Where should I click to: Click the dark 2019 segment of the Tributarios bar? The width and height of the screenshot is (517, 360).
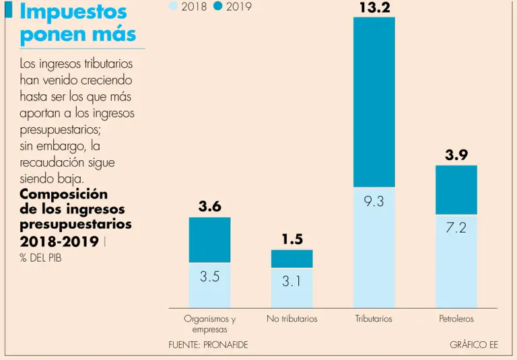tap(374, 101)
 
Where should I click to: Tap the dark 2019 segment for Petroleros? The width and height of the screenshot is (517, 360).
tap(456, 190)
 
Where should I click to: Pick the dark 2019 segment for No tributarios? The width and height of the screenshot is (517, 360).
tap(291, 258)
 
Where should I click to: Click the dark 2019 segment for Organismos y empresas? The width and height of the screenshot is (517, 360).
tap(209, 240)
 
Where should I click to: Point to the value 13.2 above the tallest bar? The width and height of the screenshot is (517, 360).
tap(374, 7)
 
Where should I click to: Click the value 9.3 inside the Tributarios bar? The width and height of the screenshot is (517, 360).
tap(374, 201)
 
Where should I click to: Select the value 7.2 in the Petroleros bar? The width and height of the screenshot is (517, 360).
tap(456, 228)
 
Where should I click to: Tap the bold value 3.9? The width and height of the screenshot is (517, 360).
tap(456, 155)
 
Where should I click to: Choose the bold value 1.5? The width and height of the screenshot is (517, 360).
tap(291, 239)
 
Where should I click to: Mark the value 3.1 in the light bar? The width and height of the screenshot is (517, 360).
tap(291, 282)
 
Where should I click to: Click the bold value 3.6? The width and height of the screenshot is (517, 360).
tap(209, 207)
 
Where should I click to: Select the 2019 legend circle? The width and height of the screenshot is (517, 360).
tap(217, 6)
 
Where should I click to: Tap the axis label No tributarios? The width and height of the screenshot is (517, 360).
tap(291, 318)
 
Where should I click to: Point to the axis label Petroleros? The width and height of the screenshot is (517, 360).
tap(456, 318)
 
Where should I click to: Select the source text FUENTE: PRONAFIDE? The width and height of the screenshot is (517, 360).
tap(208, 345)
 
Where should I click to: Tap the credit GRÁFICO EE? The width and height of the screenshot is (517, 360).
tap(473, 345)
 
